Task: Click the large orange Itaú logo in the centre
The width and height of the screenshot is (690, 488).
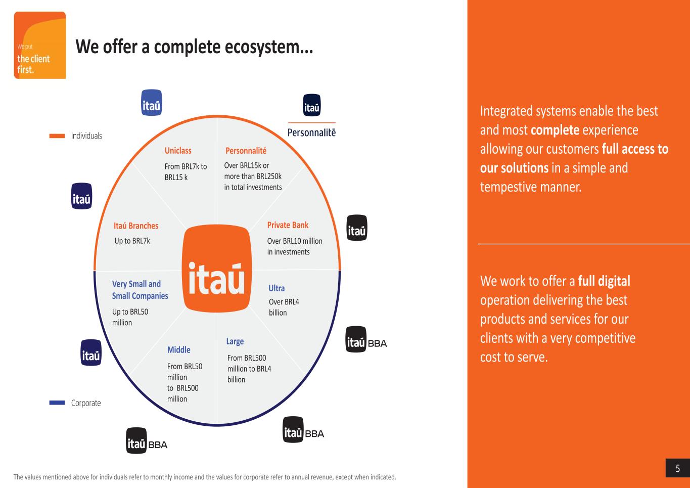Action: point(216,269)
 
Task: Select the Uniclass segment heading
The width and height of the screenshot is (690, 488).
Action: point(178,151)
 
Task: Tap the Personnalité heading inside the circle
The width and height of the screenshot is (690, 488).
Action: point(246,151)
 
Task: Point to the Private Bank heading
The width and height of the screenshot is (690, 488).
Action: point(288,225)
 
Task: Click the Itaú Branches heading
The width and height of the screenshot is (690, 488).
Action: point(136,226)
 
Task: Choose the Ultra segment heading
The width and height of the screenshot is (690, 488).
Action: point(277,288)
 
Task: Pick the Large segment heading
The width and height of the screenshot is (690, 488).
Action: point(235,341)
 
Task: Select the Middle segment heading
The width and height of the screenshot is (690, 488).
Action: point(179,349)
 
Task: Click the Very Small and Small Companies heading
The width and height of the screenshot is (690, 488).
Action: point(140,290)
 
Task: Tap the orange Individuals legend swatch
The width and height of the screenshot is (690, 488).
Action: point(57,136)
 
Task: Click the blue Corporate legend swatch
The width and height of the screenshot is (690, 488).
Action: point(57,403)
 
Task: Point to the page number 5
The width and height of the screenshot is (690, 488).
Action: point(678,469)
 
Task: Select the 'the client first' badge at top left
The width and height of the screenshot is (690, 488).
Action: point(40,46)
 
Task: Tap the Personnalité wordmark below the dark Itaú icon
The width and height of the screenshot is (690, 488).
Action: point(311,132)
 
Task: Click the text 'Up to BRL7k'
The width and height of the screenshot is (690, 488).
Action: point(132,241)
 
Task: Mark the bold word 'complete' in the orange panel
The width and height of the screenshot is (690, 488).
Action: point(555,130)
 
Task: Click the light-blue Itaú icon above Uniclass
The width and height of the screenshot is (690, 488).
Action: point(152,103)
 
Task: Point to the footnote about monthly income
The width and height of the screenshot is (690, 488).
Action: point(205,477)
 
